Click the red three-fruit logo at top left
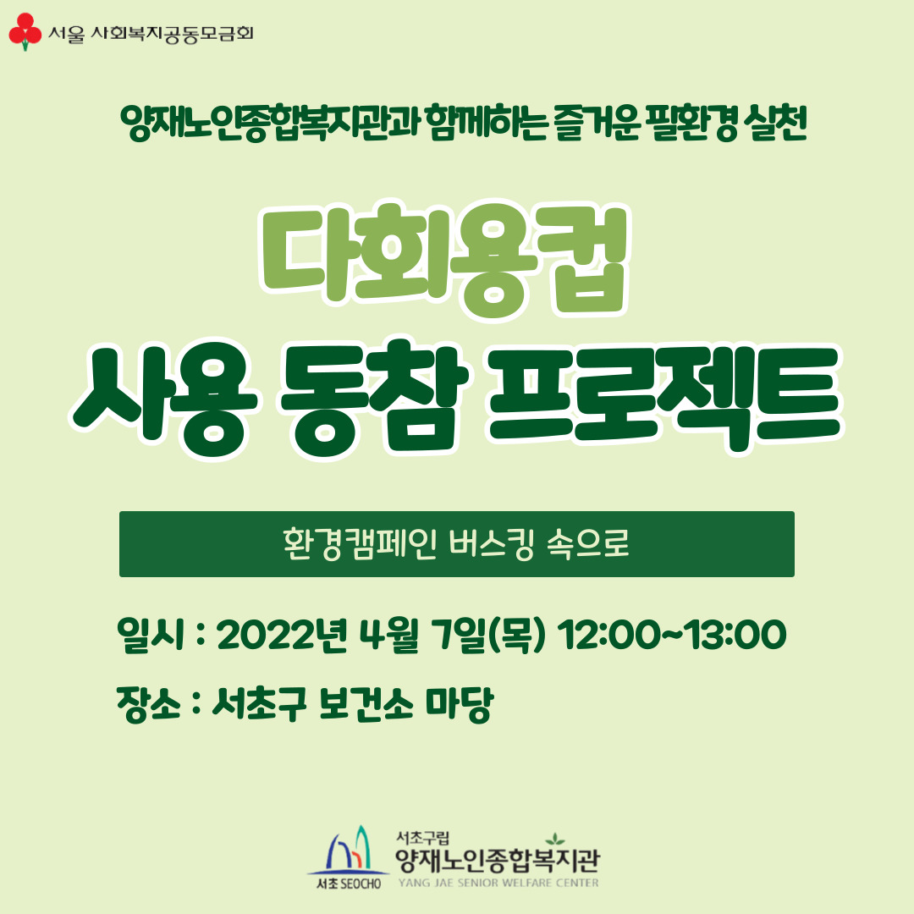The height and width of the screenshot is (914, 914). point(25,31)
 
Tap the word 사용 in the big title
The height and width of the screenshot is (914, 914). point(164,399)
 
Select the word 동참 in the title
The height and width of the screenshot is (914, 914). point(374,399)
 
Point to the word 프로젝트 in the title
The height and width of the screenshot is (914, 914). point(664,399)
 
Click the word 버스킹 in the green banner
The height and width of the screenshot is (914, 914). point(492,544)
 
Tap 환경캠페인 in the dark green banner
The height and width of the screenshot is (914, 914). point(360,544)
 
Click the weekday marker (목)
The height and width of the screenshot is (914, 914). point(516,635)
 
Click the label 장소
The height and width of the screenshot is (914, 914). point(149,704)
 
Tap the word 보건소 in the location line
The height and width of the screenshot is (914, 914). point(366,704)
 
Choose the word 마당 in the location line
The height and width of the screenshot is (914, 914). point(460,705)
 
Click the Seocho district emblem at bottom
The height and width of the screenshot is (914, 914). point(348,857)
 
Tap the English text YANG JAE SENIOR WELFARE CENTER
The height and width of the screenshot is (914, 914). point(498,883)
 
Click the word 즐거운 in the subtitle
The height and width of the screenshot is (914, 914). point(597,123)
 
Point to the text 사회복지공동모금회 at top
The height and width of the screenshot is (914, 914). point(172,34)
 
